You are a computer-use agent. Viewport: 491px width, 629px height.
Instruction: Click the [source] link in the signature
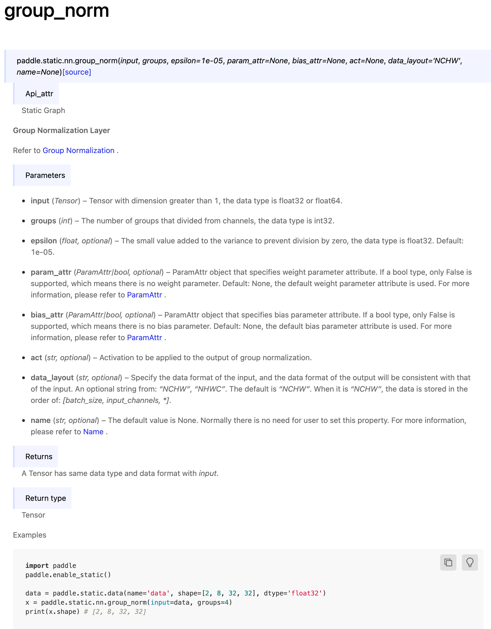[77, 72]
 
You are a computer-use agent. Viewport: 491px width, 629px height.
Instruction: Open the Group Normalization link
[78, 150]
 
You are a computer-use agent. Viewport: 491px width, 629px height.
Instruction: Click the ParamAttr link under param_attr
[144, 295]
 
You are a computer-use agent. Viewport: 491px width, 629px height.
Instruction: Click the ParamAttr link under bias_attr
[144, 337]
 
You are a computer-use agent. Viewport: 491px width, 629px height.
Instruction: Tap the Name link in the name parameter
[93, 432]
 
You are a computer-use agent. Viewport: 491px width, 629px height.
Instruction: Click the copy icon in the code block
[448, 562]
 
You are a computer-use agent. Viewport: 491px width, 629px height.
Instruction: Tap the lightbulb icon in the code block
[470, 562]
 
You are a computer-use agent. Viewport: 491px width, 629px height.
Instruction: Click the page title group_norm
[57, 11]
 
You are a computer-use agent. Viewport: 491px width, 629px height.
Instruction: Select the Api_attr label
[39, 94]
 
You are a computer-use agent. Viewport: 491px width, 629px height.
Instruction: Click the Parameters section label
[45, 176]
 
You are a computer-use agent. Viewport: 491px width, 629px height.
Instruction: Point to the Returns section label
[39, 456]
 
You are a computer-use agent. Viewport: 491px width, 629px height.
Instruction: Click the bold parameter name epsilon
[44, 241]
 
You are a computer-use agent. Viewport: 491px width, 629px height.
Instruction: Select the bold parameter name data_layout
[52, 378]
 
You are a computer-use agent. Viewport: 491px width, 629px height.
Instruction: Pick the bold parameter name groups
[44, 221]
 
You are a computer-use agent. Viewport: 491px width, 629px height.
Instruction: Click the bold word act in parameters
[37, 358]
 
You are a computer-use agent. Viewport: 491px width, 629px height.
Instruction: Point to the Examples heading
[30, 535]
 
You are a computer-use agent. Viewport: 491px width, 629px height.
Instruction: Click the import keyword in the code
[37, 566]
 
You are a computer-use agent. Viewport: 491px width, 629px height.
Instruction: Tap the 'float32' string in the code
[305, 593]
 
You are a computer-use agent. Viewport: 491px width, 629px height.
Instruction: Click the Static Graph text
[43, 111]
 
